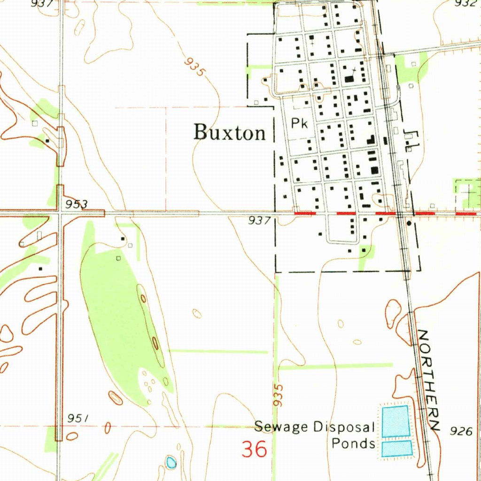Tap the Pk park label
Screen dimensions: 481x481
pos(299,124)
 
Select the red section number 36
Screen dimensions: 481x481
pos(255,449)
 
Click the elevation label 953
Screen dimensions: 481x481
pos(77,204)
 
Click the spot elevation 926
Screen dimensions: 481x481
pos(461,431)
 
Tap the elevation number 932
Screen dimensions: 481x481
pos(465,3)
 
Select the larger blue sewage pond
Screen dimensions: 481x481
pos(396,421)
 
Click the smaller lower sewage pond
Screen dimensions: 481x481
pos(396,448)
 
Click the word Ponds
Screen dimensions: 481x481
pos(353,443)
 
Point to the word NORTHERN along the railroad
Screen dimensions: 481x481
pos(428,380)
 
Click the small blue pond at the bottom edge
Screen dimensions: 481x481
pos(171,463)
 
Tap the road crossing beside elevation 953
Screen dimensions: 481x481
pos(60,213)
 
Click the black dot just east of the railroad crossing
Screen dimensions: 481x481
pos(409,223)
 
